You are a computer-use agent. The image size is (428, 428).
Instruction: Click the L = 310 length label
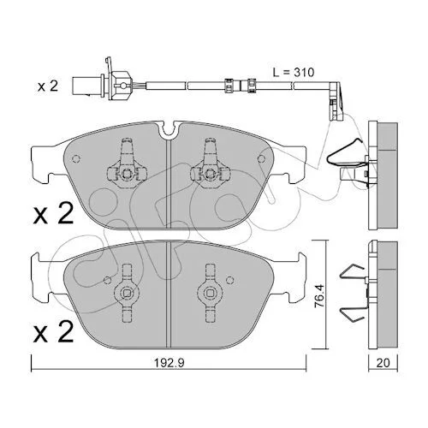tap(294, 72)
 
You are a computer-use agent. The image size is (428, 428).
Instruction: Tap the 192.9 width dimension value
tap(169, 363)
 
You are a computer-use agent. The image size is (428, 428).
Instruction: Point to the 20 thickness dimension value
tap(383, 363)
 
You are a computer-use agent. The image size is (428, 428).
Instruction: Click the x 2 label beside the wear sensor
tap(48, 86)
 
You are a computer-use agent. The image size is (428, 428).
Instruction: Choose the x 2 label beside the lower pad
tap(53, 332)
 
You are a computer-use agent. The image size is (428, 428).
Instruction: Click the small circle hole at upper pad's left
tap(77, 158)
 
